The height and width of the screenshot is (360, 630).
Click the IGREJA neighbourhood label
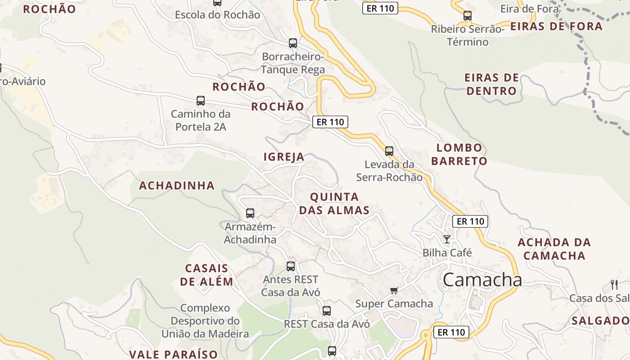[x=284, y=157]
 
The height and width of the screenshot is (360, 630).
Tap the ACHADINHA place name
[x=177, y=185]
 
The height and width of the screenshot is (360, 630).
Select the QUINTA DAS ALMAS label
[x=334, y=203]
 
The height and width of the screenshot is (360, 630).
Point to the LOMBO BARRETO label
[x=459, y=154]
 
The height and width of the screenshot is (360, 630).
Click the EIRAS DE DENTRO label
[x=491, y=84]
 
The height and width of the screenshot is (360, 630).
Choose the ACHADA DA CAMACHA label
[x=554, y=249]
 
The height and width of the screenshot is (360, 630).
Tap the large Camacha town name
[x=482, y=280]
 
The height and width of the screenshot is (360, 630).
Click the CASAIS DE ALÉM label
[x=207, y=275]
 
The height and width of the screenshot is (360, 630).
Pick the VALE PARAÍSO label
[x=174, y=354]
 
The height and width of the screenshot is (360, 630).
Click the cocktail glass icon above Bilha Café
[x=447, y=239]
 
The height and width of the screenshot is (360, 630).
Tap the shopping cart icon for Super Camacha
[x=394, y=291]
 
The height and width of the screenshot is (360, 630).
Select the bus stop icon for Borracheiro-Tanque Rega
[x=293, y=43]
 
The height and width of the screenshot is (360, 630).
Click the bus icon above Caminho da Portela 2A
[x=201, y=101]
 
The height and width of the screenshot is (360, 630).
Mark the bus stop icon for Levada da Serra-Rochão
[x=389, y=151]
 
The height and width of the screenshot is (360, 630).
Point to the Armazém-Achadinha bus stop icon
[x=250, y=213]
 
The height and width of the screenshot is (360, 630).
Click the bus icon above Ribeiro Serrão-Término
[x=468, y=16]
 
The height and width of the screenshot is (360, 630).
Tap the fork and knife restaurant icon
[x=614, y=284]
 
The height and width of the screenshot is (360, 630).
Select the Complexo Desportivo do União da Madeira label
[x=205, y=321]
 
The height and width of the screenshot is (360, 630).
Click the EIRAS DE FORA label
[x=556, y=26]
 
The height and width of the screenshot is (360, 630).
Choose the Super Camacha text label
[x=394, y=304]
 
